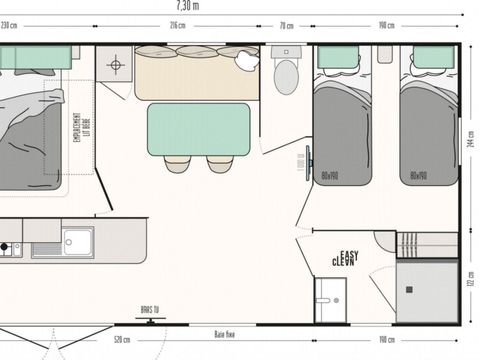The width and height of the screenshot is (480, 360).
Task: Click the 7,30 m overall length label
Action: pyautogui.click(x=241, y=5)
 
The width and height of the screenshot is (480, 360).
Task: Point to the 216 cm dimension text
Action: pyautogui.click(x=177, y=24)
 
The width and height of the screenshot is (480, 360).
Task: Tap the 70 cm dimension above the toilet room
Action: pyautogui.click(x=287, y=24)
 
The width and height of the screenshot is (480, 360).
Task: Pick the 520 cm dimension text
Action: pyautogui.click(x=121, y=340)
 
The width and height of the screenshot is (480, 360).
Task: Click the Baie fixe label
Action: pyautogui.click(x=225, y=335)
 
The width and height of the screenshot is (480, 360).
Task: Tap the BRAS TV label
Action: pyautogui.click(x=150, y=311)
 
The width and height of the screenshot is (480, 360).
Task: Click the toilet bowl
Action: pyautogui.click(x=286, y=74)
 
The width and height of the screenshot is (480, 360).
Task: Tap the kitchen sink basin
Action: pyautogui.click(x=77, y=240)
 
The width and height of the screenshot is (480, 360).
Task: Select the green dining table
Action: pyautogui.click(x=198, y=129)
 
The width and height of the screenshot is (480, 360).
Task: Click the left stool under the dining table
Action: pyautogui.click(x=178, y=163)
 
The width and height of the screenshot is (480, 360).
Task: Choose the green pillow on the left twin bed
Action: pyautogui.click(x=338, y=57)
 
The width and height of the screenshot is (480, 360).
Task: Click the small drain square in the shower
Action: pyautogui.click(x=411, y=291)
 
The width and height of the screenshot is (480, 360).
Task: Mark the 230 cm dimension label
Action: pyautogui.click(x=10, y=24)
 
